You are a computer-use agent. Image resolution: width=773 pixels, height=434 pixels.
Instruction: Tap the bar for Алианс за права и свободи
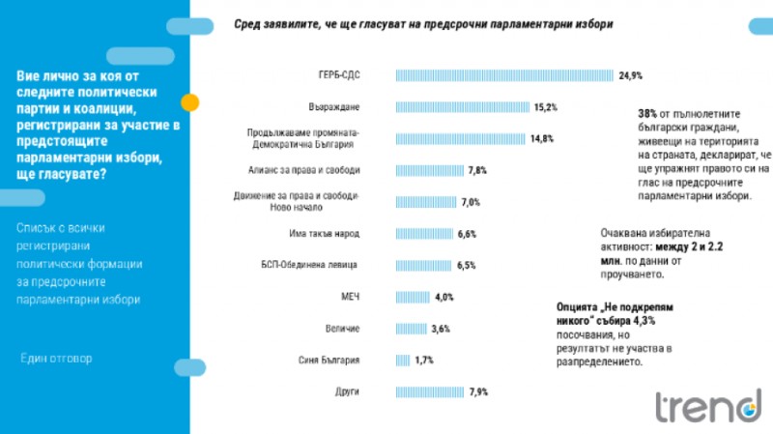coord(430,170)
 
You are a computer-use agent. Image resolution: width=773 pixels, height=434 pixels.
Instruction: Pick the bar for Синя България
coord(403,360)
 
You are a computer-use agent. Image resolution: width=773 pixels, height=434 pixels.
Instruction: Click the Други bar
coord(430,391)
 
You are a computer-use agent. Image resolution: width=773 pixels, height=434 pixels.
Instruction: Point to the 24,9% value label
coord(631,74)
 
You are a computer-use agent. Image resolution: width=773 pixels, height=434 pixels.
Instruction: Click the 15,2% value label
coord(546,106)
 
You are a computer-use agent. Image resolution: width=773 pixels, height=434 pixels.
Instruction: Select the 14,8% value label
coord(541,138)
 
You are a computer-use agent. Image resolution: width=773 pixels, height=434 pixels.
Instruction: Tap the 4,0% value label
coord(444,297)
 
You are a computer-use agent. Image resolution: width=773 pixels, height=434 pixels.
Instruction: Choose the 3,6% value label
coord(441,329)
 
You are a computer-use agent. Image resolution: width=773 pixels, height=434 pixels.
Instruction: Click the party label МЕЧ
coord(350,297)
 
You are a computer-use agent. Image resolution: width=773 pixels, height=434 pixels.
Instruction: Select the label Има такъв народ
coord(326,233)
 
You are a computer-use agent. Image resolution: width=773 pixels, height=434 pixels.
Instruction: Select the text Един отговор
coord(57,358)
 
